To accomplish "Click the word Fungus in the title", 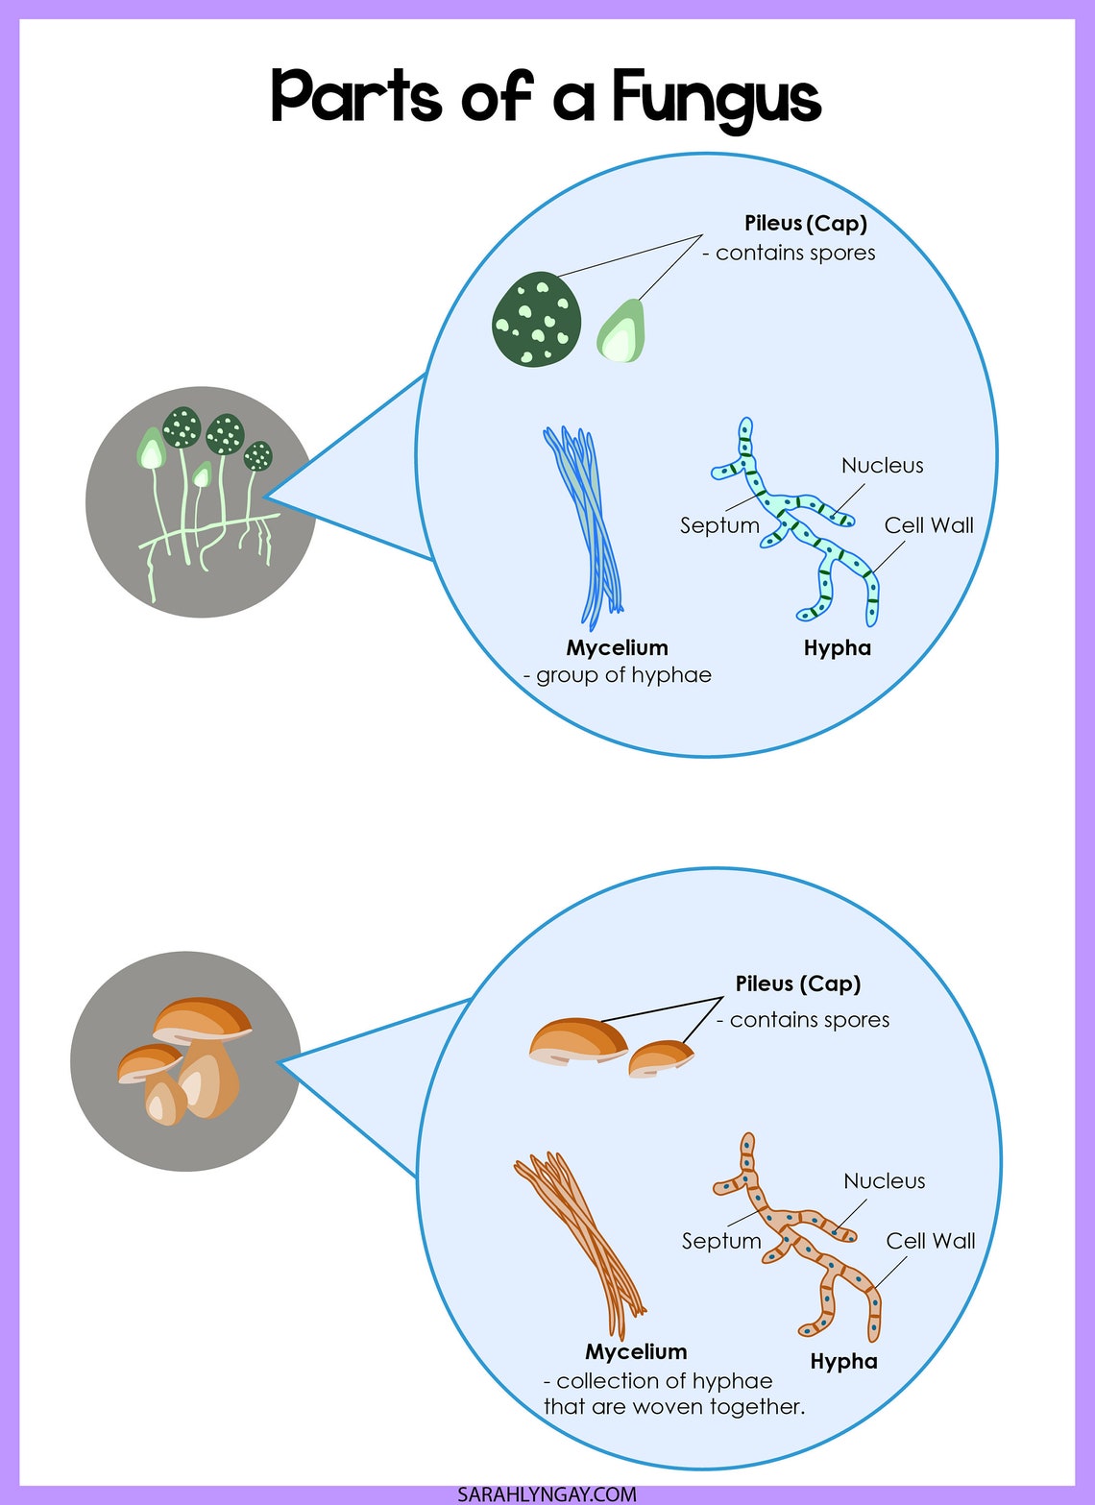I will tap(716, 98).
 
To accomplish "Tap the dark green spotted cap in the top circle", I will tap(536, 319).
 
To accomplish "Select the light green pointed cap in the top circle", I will tap(621, 331).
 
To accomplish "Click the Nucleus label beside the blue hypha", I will tap(882, 466).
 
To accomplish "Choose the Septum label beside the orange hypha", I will tap(720, 1241).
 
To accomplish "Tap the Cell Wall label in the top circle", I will tap(928, 525).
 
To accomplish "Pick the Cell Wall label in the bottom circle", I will tap(930, 1241).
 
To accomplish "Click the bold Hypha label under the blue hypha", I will tap(837, 648).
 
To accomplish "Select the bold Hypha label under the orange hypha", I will tap(843, 1362).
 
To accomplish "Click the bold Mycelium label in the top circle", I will tap(617, 648).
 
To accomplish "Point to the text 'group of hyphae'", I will tap(623, 675).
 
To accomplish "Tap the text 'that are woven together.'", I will tap(673, 1407).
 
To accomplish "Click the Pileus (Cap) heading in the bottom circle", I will tap(797, 984).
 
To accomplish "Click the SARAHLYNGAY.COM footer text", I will tap(547, 1494).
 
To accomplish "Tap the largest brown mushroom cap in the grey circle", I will tap(203, 1017).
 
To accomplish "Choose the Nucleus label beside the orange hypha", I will tap(884, 1181).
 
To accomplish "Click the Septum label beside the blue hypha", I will tap(718, 525).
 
